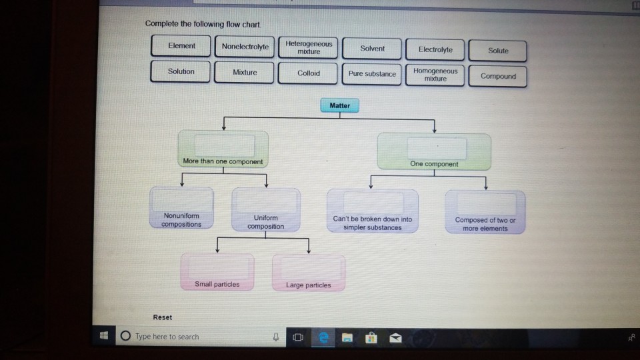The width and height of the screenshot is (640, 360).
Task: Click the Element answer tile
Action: (x=181, y=47)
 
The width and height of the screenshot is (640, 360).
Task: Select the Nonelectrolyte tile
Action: (x=245, y=47)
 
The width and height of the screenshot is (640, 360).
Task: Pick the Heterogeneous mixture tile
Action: (x=308, y=47)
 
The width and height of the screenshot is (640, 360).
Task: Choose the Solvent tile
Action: (x=372, y=49)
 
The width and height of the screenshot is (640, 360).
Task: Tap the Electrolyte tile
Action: (x=435, y=50)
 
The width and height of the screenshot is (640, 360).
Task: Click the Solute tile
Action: (x=498, y=51)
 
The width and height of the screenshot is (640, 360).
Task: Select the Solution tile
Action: (x=181, y=72)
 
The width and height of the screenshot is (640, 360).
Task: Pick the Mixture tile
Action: (x=245, y=73)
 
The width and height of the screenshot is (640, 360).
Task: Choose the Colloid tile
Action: (x=308, y=74)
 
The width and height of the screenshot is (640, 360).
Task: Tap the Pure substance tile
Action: (x=372, y=74)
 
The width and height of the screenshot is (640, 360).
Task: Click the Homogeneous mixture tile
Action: (x=435, y=75)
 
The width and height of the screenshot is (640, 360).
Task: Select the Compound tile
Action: (x=498, y=77)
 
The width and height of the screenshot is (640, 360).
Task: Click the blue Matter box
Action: (x=339, y=106)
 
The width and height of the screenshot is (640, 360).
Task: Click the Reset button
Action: (x=162, y=317)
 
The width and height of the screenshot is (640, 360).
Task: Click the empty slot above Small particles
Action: (x=217, y=268)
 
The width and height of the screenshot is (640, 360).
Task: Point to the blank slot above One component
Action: (x=434, y=148)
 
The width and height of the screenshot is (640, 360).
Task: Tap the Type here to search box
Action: (x=193, y=337)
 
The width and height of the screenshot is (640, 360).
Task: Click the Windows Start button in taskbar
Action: (x=104, y=336)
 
